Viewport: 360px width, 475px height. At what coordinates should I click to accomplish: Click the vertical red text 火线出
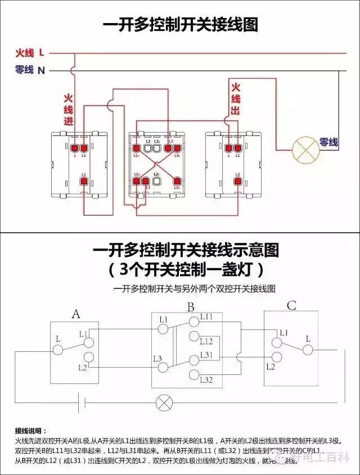[235, 99]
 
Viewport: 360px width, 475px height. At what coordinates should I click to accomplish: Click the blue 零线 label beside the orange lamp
[329, 143]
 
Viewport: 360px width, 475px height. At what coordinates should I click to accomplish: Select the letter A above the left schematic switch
[76, 314]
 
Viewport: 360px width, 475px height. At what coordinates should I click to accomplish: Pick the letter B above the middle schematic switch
[191, 307]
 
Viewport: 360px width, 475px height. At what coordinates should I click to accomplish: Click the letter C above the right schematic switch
[291, 306]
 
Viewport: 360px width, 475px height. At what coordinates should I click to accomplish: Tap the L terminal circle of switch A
[58, 349]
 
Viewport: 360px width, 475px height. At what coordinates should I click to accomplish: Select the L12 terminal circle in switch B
[193, 337]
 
